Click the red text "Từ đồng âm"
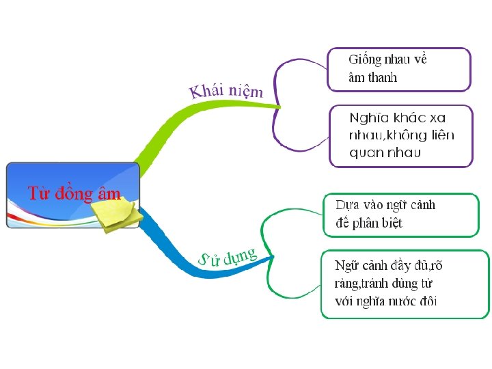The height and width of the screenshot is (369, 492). tap(74, 193)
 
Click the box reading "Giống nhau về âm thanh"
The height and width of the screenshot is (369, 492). tap(399, 69)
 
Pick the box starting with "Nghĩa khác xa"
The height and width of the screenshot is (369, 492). tap(401, 136)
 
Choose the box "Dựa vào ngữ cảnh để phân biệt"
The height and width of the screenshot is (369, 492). tap(400, 215)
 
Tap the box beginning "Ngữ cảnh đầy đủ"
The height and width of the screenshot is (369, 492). tap(405, 284)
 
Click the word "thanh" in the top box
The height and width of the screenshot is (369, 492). tap(383, 77)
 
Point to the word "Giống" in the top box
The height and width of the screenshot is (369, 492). tap(365, 59)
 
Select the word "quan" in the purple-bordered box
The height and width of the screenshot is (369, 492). tap(366, 152)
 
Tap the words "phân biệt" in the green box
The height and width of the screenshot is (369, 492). tap(377, 223)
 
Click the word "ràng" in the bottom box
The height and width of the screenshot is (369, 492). tap(348, 283)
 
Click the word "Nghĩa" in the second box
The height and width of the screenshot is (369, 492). tap(366, 118)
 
